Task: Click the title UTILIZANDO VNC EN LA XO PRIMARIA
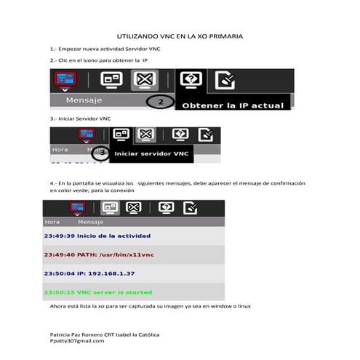pos(180,36)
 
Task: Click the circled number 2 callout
pos(160,103)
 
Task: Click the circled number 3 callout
pos(100,153)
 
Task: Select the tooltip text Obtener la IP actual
pos(232,105)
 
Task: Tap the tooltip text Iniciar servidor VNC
pos(151,153)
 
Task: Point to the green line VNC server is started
pos(98,292)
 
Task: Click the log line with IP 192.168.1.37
pos(89,273)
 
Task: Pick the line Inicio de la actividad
pos(97,236)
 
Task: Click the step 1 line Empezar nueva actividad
pos(105,49)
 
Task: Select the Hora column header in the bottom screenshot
pos(52,222)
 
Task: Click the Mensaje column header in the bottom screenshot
pos(91,222)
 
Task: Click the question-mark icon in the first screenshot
pos(190,79)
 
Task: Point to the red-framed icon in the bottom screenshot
pos(76,208)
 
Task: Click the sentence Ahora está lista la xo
pos(150,306)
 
